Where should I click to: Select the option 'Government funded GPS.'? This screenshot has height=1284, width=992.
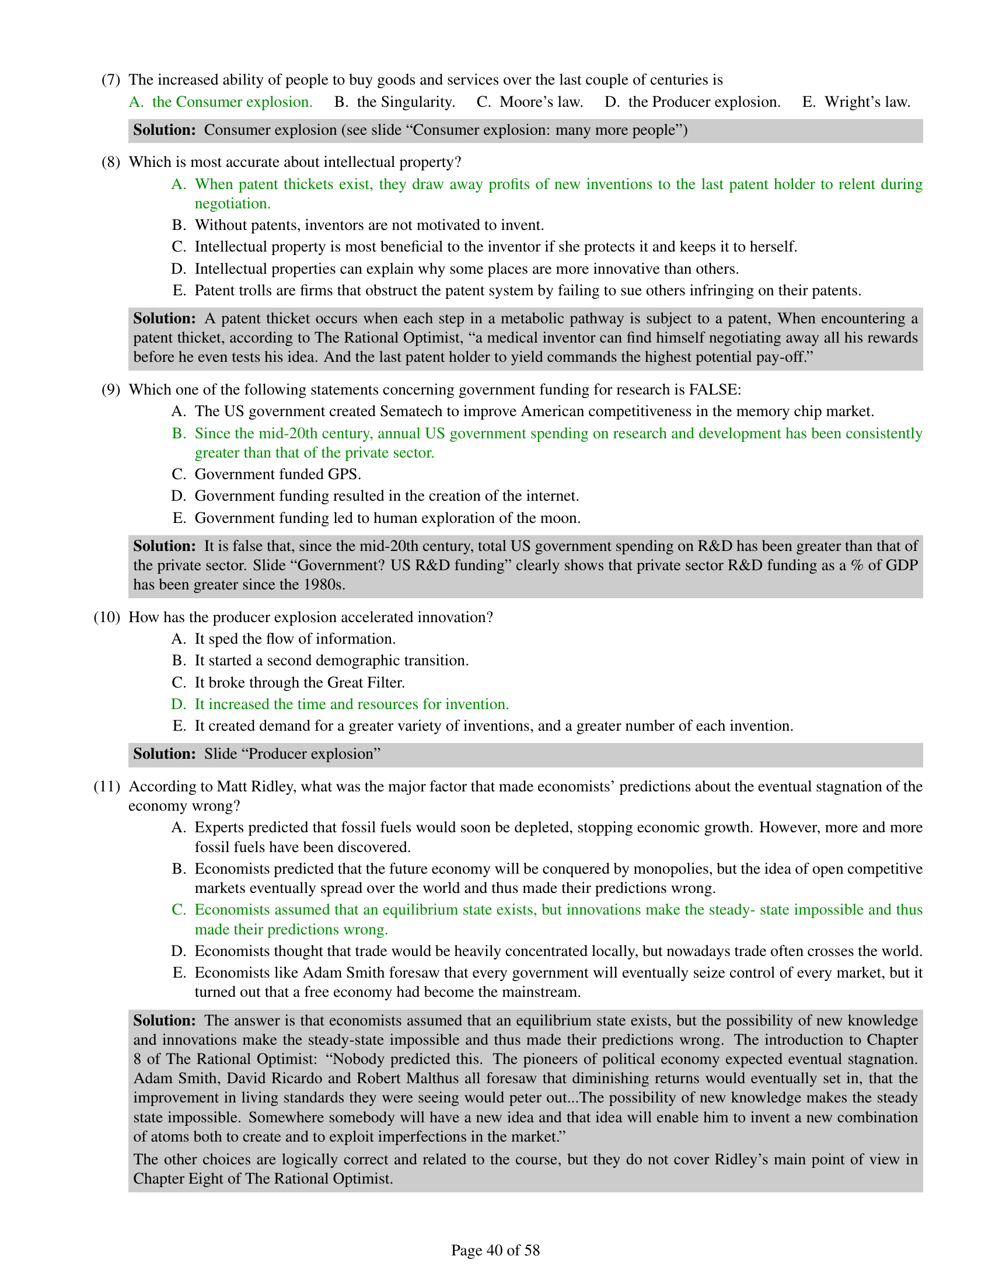277,474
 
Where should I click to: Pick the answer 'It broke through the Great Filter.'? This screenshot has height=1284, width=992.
300,683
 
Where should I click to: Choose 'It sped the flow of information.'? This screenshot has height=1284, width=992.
295,639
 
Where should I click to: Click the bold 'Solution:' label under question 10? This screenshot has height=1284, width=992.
164,754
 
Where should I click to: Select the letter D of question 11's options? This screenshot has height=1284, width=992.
178,951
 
